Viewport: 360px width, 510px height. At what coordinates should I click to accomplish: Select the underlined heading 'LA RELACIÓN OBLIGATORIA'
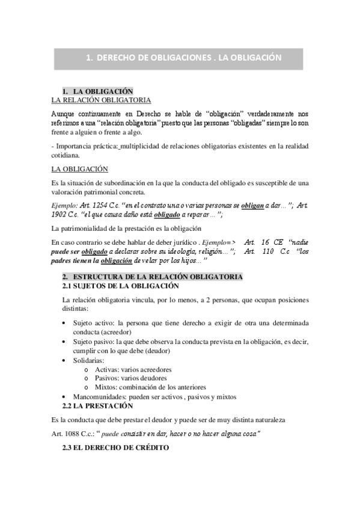point(101,100)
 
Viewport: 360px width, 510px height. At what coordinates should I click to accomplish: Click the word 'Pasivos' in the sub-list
point(111,378)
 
